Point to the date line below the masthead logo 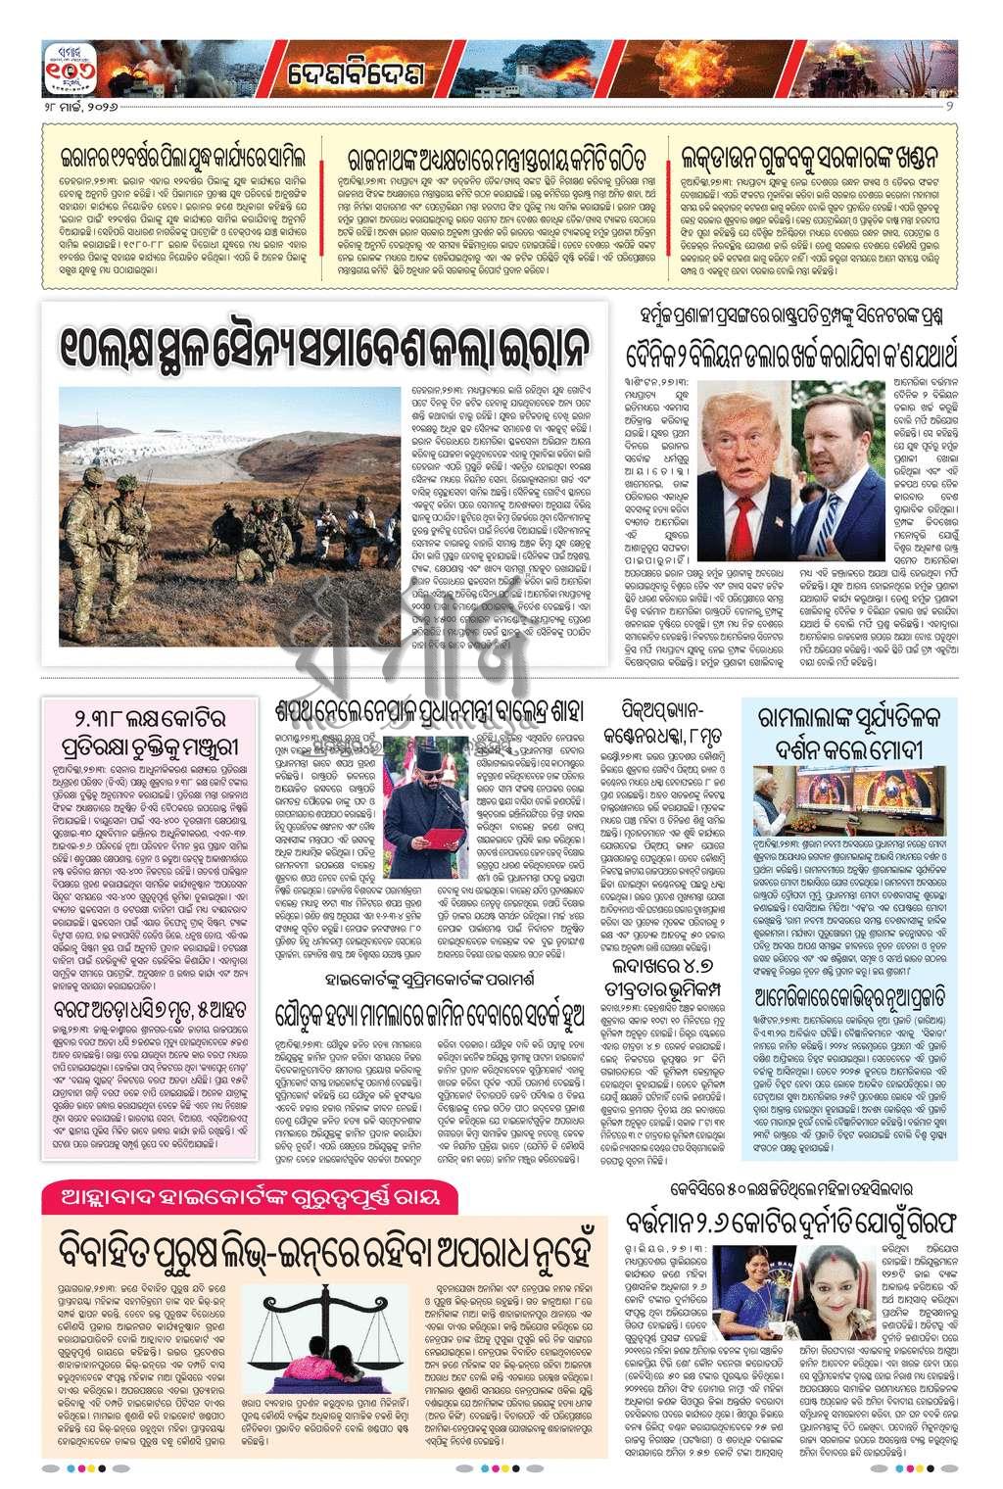pyautogui.click(x=77, y=105)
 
